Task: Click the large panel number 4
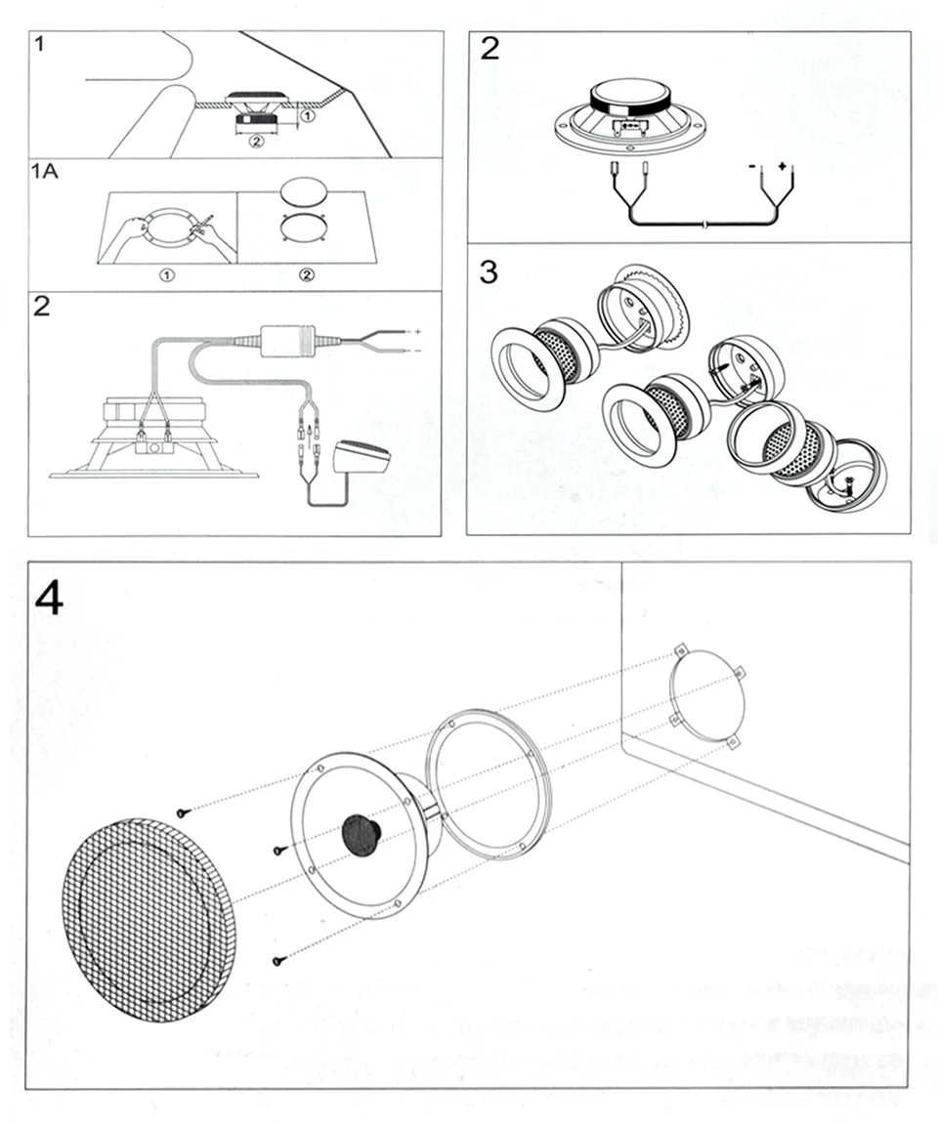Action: click(49, 598)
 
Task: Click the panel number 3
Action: click(489, 271)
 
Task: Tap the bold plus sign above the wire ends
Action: click(782, 167)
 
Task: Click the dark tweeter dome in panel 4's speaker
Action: click(361, 836)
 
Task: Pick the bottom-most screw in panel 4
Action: click(278, 961)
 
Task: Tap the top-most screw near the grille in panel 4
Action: click(183, 812)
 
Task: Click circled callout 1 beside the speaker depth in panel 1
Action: click(307, 116)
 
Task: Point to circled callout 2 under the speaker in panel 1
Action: click(256, 142)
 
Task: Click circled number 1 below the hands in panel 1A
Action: click(167, 275)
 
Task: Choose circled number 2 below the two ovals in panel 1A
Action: click(307, 275)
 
